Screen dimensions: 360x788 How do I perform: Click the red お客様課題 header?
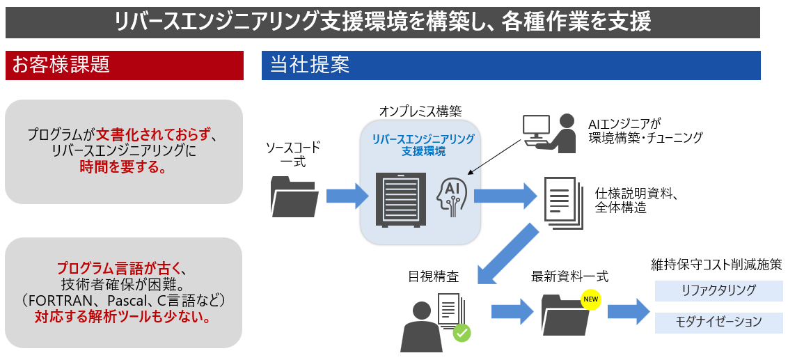coord(124,65)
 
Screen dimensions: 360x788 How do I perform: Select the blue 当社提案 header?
coord(510,65)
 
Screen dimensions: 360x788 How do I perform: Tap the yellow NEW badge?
coord(590,300)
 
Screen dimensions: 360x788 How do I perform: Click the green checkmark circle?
coord(462,332)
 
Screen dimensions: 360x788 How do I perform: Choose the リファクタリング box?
coord(718,290)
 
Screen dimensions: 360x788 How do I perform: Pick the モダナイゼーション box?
coord(718,322)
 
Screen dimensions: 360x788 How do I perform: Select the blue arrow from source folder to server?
coord(346,196)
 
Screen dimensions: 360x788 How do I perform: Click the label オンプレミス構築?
coord(420,111)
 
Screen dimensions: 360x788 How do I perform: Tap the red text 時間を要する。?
coord(123,167)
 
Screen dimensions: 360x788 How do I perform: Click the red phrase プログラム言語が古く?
coord(123,267)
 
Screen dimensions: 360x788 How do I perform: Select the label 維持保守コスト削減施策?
coord(716,265)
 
